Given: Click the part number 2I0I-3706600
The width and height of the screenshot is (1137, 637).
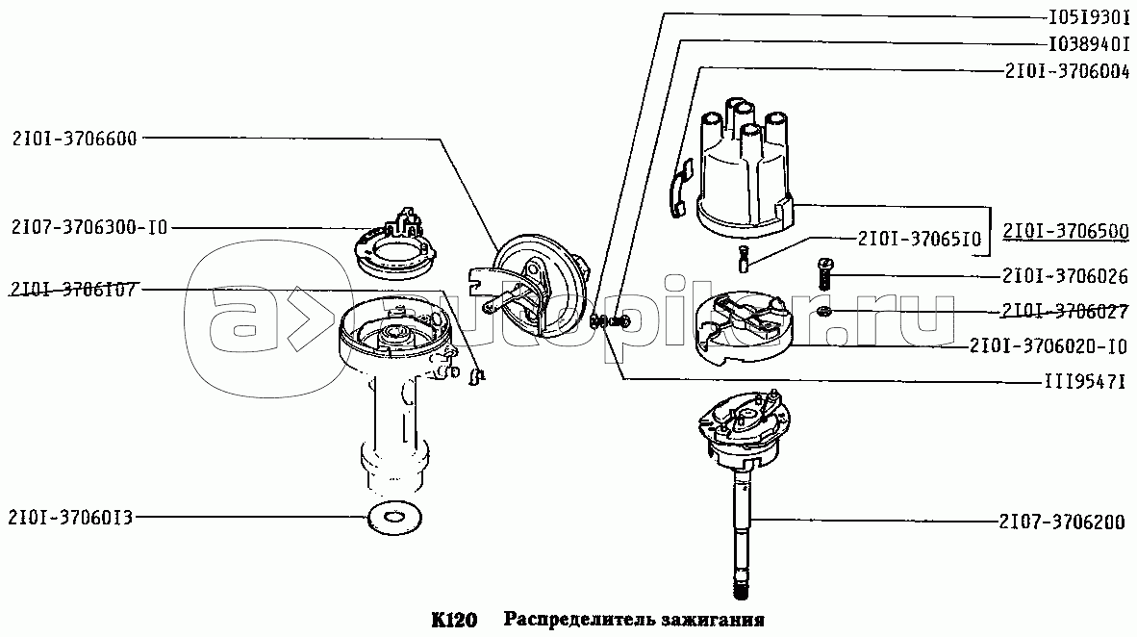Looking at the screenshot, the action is [x=75, y=139].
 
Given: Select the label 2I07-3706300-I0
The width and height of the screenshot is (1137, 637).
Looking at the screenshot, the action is [x=89, y=228].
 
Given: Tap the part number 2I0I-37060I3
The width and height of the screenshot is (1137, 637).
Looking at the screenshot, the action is [x=70, y=518].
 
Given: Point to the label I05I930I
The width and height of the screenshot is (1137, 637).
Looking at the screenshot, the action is [x=1089, y=17].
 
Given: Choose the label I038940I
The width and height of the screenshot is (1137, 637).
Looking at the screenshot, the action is [x=1089, y=44].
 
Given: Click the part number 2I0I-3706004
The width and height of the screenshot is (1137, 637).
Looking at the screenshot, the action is [x=1067, y=72].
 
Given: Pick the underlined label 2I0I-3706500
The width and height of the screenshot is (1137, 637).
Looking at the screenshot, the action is [x=1066, y=232].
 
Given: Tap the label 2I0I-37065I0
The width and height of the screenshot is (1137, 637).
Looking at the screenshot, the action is [x=920, y=239].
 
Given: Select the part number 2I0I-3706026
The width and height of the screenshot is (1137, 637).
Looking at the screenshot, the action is [x=1066, y=276].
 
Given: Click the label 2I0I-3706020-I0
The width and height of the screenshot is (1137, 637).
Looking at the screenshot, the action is [x=1049, y=346].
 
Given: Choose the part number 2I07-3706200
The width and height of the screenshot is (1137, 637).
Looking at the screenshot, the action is [x=1062, y=522].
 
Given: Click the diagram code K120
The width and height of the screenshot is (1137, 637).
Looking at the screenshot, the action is [x=454, y=621].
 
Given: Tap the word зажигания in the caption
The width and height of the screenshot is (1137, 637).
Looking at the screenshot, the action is [x=712, y=621].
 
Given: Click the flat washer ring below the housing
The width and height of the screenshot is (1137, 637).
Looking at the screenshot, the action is [x=395, y=518].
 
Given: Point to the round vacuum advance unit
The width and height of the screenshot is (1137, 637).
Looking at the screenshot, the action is [x=541, y=287].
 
